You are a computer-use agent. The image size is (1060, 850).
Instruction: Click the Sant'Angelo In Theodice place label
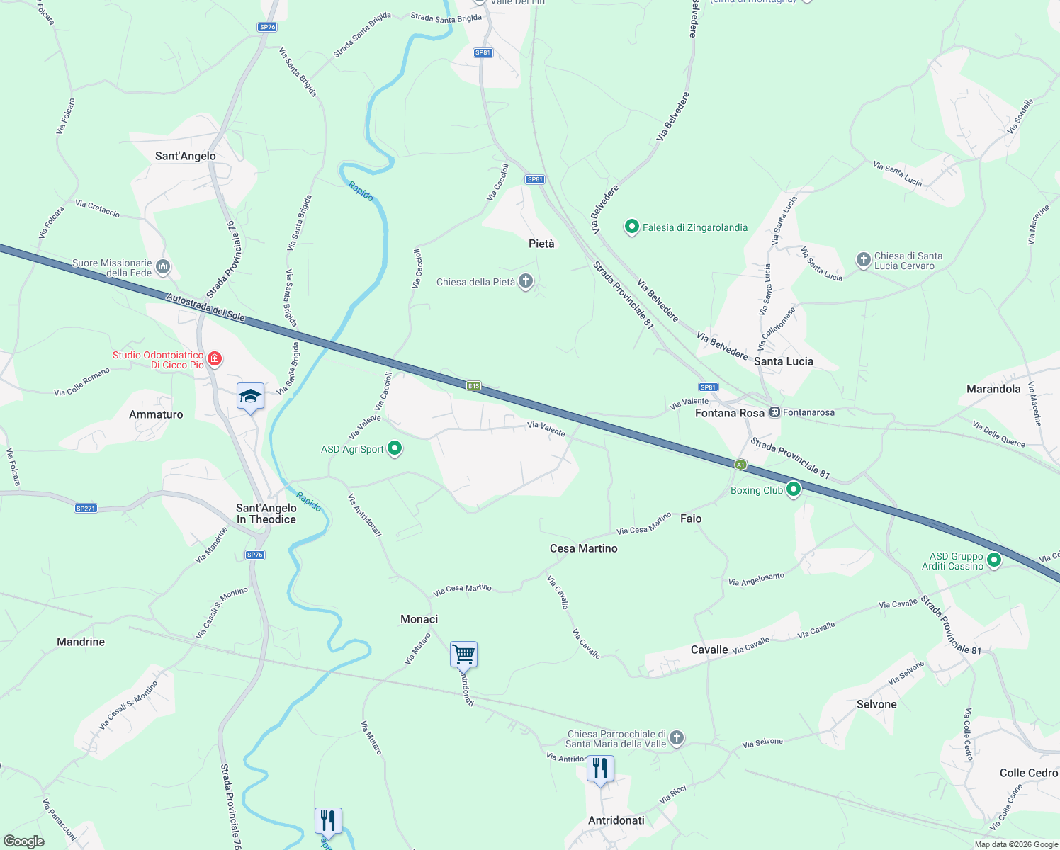(266, 514)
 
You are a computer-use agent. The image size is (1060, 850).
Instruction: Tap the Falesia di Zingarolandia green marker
(631, 227)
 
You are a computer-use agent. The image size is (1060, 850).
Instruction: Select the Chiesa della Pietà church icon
(526, 282)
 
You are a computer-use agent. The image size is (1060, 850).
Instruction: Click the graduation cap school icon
(250, 396)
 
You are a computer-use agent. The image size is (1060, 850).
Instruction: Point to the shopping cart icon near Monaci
(463, 654)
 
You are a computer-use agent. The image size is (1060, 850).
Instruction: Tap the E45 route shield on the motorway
(473, 386)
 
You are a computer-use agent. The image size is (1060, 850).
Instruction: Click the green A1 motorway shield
(740, 465)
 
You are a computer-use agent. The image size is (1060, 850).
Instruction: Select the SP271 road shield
(85, 509)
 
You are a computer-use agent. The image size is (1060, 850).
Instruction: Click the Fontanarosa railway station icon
(775, 412)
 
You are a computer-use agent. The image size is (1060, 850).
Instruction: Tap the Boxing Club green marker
(794, 489)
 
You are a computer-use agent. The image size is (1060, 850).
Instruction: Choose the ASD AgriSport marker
(395, 448)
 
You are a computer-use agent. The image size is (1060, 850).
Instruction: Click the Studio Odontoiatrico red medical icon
(215, 359)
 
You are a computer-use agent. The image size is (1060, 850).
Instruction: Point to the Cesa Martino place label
(583, 548)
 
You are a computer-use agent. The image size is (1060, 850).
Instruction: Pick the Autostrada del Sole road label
(205, 308)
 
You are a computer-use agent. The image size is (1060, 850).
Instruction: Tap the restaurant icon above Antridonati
(600, 768)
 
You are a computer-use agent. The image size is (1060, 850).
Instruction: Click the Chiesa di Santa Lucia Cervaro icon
(863, 260)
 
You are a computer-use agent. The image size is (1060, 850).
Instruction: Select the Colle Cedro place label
(1028, 773)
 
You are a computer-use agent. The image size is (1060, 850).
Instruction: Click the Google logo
(24, 841)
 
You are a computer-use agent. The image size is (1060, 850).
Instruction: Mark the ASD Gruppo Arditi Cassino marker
(994, 560)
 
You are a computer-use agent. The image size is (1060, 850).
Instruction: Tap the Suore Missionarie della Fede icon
(164, 267)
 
